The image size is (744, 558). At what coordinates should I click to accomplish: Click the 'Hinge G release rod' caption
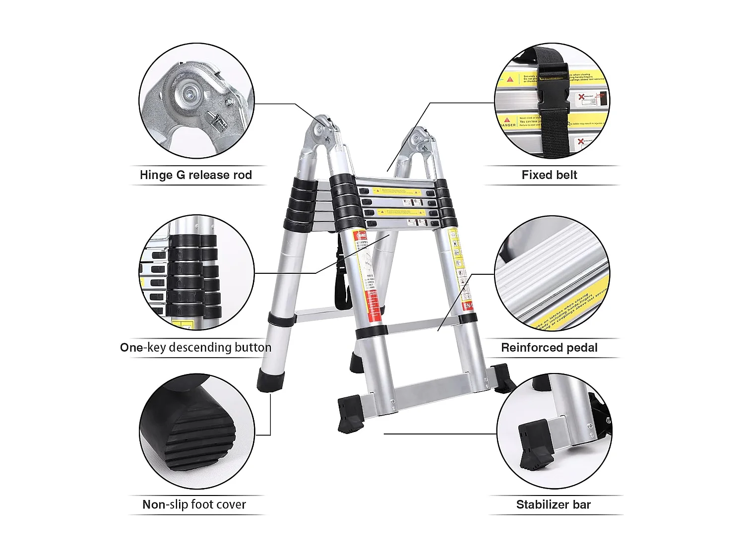(195, 175)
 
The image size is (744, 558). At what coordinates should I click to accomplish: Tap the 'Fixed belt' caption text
(549, 175)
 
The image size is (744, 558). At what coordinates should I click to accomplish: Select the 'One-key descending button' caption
(195, 347)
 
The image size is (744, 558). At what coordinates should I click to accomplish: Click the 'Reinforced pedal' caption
(549, 348)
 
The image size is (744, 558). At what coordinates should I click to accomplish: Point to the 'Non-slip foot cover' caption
(194, 504)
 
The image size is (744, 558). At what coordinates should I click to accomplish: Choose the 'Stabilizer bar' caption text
(553, 505)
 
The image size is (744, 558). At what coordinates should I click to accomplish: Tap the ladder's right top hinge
(420, 141)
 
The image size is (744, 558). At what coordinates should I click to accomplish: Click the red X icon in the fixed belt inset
(581, 97)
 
